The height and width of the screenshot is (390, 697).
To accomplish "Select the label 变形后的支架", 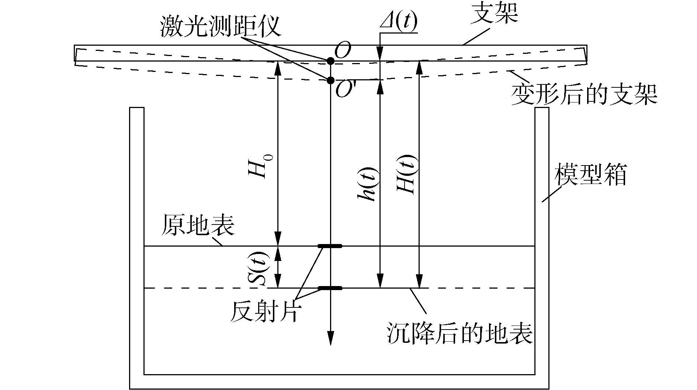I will (x=584, y=95).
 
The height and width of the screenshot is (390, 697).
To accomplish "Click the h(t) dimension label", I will (x=367, y=184).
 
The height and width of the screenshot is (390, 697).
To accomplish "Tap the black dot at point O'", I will (x=330, y=80).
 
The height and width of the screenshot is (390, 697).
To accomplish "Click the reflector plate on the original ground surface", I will (x=330, y=246).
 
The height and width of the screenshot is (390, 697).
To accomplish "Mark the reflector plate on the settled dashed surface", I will (x=330, y=288).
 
